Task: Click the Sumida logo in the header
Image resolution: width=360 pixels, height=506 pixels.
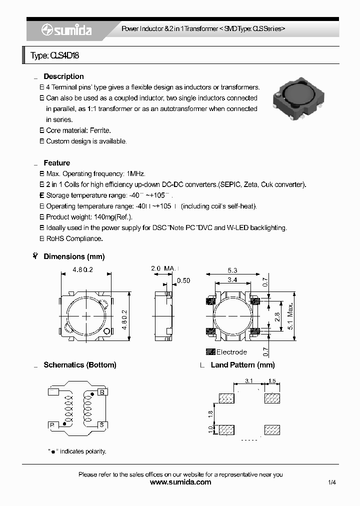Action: point(66,30)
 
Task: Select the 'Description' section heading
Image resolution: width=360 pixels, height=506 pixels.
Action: point(63,76)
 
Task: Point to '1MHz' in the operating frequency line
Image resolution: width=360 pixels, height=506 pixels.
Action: point(136,174)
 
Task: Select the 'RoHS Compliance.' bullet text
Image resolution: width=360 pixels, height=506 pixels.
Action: point(74,238)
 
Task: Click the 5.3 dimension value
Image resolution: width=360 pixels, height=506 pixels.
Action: point(232,270)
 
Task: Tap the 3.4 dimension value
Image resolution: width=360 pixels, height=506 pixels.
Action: point(232,280)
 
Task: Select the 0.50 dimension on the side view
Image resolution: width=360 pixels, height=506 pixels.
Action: point(183,280)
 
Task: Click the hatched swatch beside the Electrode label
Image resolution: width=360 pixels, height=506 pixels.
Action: point(210,351)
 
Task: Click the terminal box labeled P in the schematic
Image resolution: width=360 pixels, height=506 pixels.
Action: point(53,424)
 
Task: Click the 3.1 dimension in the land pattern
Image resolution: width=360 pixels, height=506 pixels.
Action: point(250,381)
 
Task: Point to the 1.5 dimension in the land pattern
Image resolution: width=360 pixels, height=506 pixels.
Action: point(272,381)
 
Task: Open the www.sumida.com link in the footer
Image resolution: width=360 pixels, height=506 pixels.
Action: point(180,482)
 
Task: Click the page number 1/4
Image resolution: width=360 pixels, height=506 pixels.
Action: point(332,482)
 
